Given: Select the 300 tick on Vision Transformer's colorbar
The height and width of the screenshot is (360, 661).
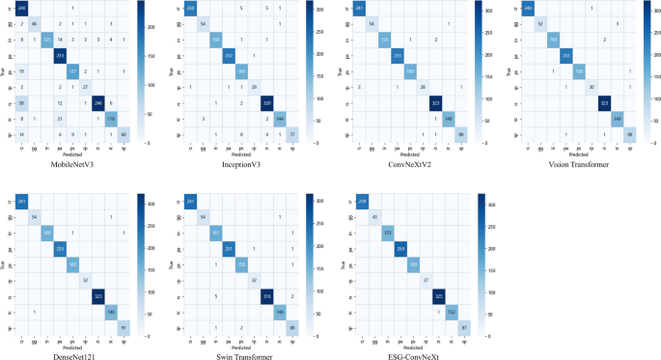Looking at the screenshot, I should pos(654,15).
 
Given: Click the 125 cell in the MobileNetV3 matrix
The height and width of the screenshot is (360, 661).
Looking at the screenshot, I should pos(47,39).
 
